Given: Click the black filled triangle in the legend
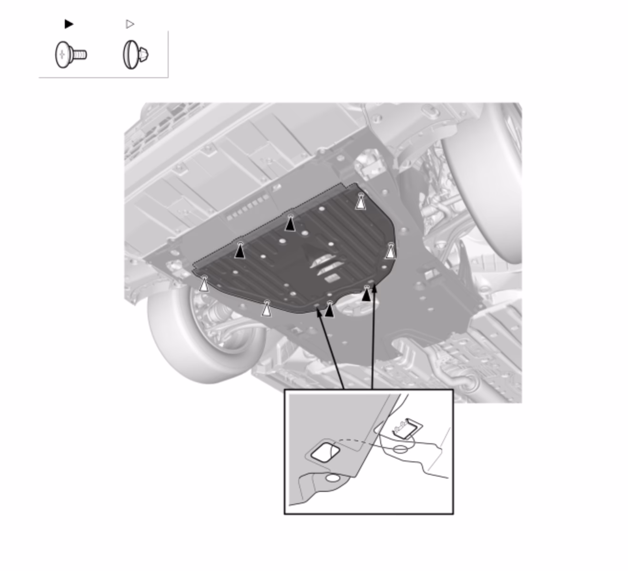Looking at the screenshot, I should click(69, 24).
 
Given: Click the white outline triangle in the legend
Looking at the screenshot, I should click(130, 24).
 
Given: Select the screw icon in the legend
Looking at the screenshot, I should click(71, 55).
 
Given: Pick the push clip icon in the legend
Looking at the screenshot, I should click(136, 55).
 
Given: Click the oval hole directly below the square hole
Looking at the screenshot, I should click(333, 478).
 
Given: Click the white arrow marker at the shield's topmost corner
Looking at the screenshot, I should click(361, 202).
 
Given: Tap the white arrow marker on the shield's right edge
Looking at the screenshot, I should click(390, 251).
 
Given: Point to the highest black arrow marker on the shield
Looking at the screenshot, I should click(290, 223).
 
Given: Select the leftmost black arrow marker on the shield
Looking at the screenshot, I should click(240, 251).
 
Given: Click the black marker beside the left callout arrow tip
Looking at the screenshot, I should click(329, 310).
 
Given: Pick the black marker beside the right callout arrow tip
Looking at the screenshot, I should click(365, 294).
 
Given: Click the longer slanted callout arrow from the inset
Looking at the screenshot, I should click(330, 350).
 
